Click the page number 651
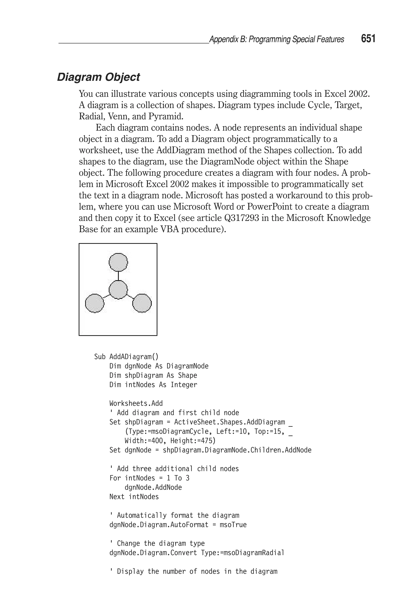[x=368, y=39]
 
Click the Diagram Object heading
[x=98, y=77]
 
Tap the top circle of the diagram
[x=118, y=262]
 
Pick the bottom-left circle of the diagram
[x=95, y=303]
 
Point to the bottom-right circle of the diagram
[x=142, y=303]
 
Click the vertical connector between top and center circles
[x=118, y=276]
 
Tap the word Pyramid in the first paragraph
[x=166, y=116]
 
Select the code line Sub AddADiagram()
[x=126, y=357]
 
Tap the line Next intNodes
[x=134, y=497]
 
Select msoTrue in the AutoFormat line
[x=233, y=525]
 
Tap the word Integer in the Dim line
[x=184, y=385]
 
